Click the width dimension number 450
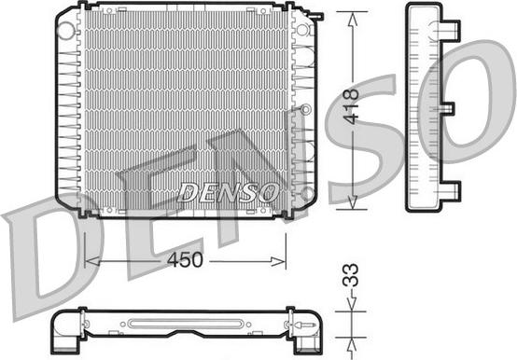[186, 261]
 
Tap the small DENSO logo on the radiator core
[228, 192]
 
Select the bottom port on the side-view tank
[450, 191]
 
